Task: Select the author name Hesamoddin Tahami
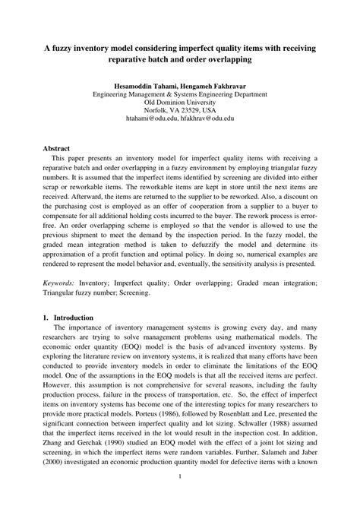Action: click(x=148, y=85)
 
